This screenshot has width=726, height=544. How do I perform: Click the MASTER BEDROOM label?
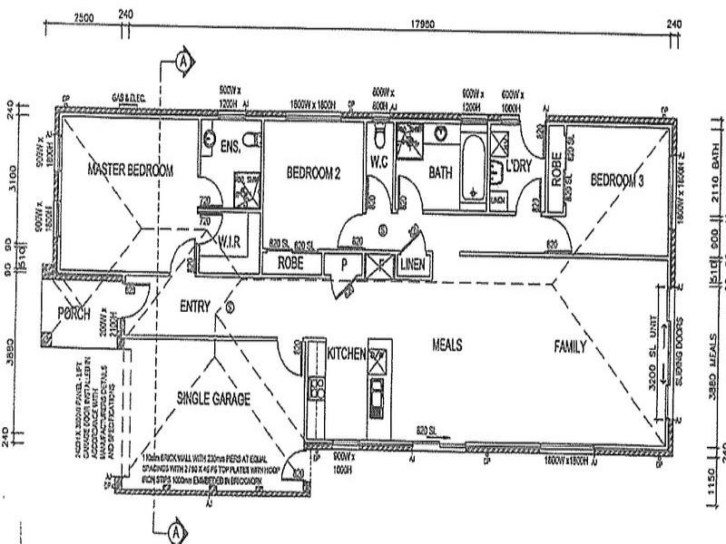click(130, 169)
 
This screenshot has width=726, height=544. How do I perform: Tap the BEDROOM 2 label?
click(313, 171)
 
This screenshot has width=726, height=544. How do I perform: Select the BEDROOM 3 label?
click(617, 180)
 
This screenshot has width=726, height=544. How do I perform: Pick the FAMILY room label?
click(571, 346)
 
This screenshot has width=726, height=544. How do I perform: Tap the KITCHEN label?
click(347, 353)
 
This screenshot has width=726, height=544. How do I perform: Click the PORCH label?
click(78, 313)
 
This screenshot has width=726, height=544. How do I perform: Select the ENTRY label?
click(196, 306)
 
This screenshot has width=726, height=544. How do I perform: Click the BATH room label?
click(441, 170)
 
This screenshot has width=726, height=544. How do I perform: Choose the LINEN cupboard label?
click(412, 264)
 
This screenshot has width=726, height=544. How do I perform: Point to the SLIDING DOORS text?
click(682, 349)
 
